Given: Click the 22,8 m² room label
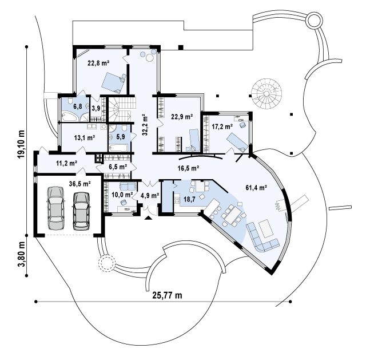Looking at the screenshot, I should coord(98,64).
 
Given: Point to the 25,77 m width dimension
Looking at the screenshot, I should coord(166,295).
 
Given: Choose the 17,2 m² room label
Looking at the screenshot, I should coord(222,126).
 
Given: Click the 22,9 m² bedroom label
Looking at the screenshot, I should coord(181,118).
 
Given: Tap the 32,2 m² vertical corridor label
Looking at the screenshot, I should coord(145,124).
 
